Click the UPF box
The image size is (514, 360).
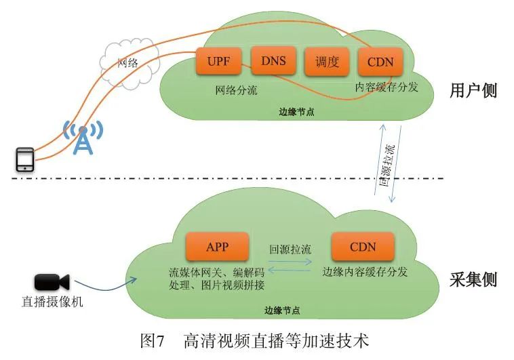click(x=218, y=62)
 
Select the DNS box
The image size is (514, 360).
click(x=273, y=62)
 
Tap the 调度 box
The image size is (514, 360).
click(x=327, y=62)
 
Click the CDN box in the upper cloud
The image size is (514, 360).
click(x=380, y=62)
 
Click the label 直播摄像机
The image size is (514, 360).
click(x=53, y=302)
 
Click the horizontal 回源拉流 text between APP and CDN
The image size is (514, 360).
click(x=290, y=249)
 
